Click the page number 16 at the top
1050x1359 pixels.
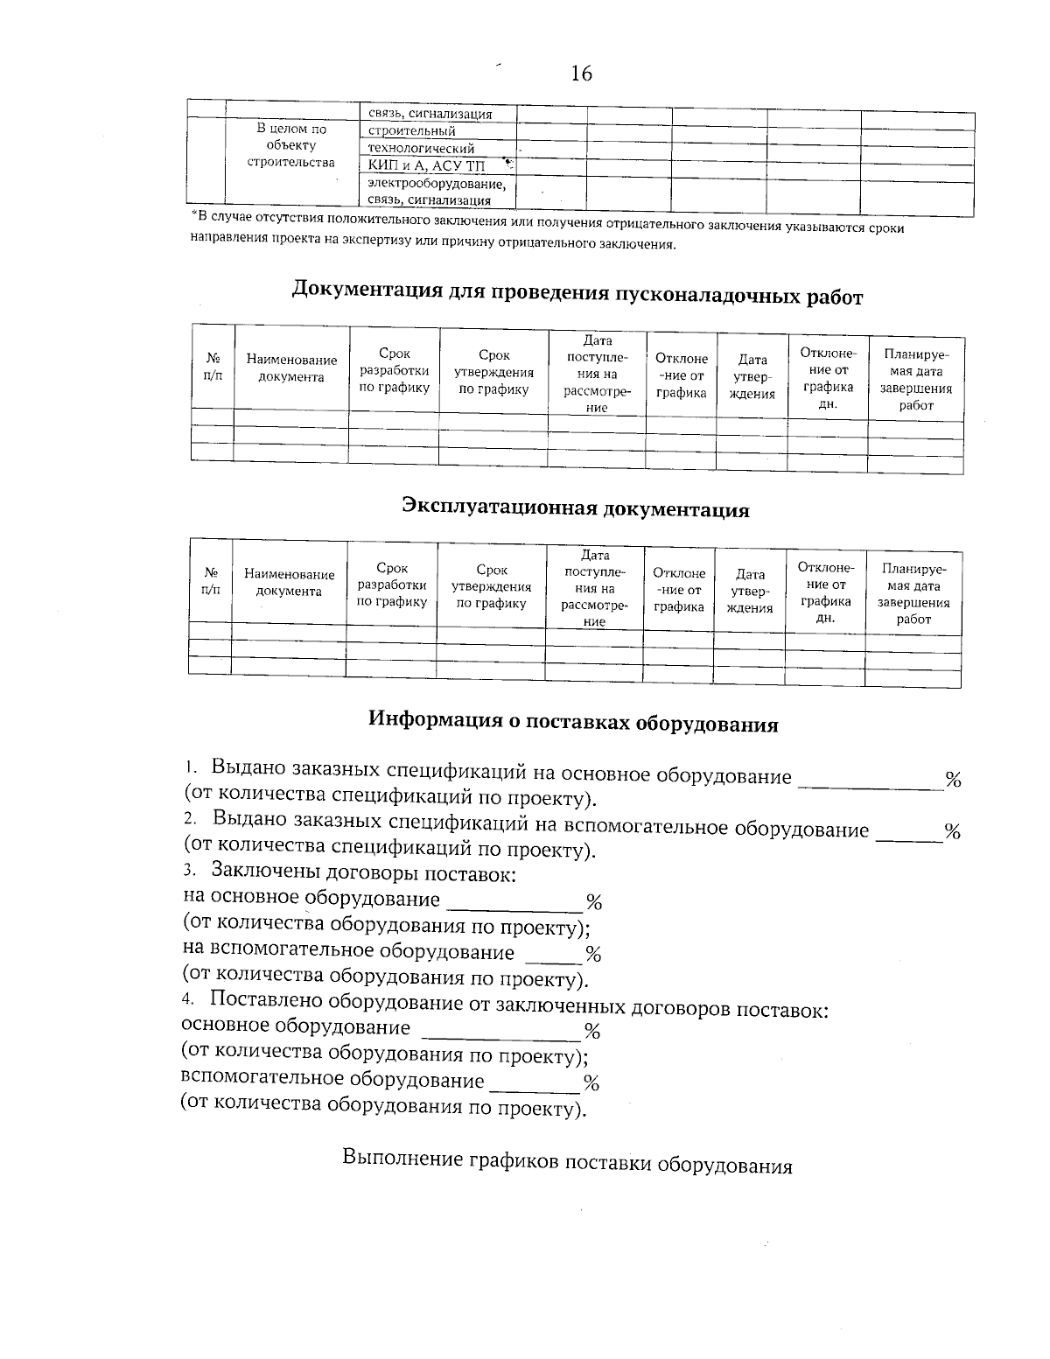click(x=581, y=74)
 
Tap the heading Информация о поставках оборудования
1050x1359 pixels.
click(x=572, y=722)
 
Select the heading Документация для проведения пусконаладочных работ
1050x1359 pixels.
click(x=577, y=293)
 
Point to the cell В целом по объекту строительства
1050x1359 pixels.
click(x=291, y=145)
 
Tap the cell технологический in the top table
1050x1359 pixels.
click(x=421, y=149)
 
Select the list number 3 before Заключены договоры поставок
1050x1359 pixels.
click(x=188, y=872)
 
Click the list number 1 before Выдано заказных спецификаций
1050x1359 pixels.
click(x=189, y=767)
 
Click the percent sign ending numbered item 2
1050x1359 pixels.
click(x=952, y=832)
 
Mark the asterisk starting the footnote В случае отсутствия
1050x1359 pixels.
click(x=193, y=214)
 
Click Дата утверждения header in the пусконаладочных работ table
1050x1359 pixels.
click(x=752, y=376)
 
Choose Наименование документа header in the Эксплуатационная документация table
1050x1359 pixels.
click(x=289, y=583)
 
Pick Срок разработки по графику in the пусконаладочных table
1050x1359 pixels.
click(x=394, y=370)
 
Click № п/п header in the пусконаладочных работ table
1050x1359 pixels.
click(x=213, y=367)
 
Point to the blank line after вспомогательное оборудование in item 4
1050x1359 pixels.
click(x=534, y=1085)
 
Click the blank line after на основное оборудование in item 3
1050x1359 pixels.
click(x=514, y=902)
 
